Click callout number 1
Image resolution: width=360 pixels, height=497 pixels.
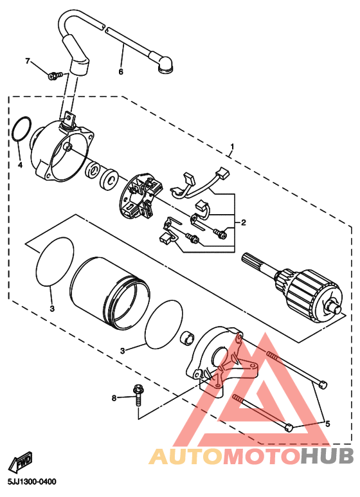click(x=233, y=147)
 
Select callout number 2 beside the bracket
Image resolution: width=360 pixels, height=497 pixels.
click(x=244, y=222)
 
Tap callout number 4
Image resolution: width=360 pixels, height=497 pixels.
click(x=20, y=165)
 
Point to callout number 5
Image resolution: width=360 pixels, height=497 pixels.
click(x=328, y=424)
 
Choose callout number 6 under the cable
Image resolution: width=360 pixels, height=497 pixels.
click(x=121, y=71)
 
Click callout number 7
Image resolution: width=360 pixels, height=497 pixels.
click(x=28, y=60)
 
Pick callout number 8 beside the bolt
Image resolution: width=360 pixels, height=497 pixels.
click(x=114, y=398)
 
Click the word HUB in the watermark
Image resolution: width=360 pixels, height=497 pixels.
click(x=327, y=456)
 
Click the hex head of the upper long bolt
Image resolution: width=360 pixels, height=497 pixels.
click(x=323, y=384)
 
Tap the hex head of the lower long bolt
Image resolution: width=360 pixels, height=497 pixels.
click(x=289, y=428)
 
